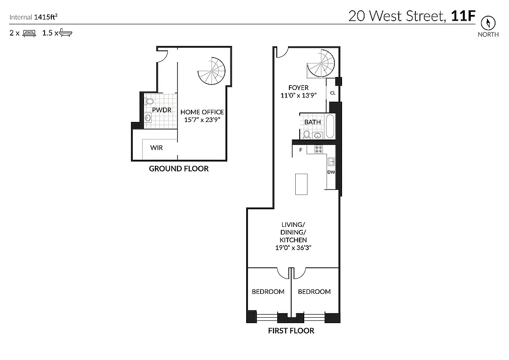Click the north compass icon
click(x=488, y=23)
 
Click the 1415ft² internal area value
click(x=45, y=17)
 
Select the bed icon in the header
click(x=29, y=33)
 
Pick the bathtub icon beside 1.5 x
click(x=66, y=33)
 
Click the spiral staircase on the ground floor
click(x=212, y=71)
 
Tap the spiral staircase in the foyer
click(x=321, y=64)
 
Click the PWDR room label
click(x=160, y=109)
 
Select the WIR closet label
click(x=157, y=148)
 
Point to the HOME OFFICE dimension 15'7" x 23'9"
click(x=202, y=120)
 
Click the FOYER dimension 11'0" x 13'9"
click(x=299, y=95)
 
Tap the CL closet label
click(x=333, y=93)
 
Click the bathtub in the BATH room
click(x=330, y=126)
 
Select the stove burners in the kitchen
click(x=318, y=149)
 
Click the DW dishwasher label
click(x=331, y=172)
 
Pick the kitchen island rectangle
click(x=301, y=184)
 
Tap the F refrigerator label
click(x=300, y=150)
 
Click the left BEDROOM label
click(x=268, y=292)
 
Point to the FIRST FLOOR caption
click(x=291, y=331)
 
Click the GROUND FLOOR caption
click(x=179, y=169)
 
